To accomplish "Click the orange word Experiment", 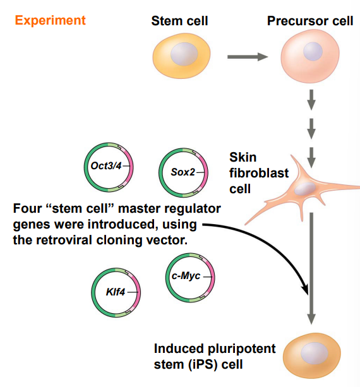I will tap(50, 20).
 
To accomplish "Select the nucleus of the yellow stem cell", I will tap(187, 53).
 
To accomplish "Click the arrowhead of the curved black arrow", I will tap(306, 290).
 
